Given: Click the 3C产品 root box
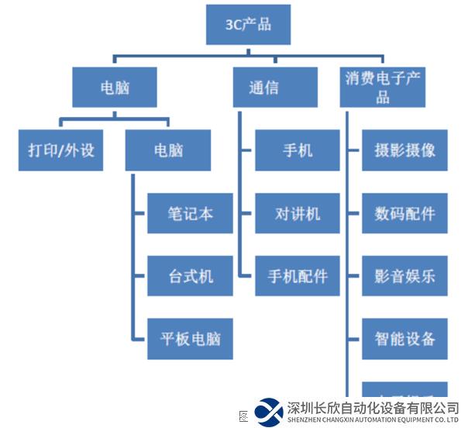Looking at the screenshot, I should tap(248, 24).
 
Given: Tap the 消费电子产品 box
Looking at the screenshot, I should tap(383, 87).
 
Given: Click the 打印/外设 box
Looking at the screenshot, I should tap(60, 150).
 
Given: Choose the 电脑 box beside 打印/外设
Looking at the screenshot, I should tap(167, 150).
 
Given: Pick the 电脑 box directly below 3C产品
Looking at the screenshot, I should tap(115, 87).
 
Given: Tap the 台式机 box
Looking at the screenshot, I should tap(190, 276).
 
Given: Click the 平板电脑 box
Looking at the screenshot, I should tap(190, 339).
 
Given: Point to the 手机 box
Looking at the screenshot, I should tap(298, 150).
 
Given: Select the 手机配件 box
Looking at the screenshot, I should tap(298, 276).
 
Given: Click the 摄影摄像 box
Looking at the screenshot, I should tap(405, 150).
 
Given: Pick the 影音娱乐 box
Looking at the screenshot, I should tap(405, 276).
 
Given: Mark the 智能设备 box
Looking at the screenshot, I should tap(405, 339).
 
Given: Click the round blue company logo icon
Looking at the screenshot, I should tap(269, 412).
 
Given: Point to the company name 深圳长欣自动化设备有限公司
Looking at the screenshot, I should tap(372, 407).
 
